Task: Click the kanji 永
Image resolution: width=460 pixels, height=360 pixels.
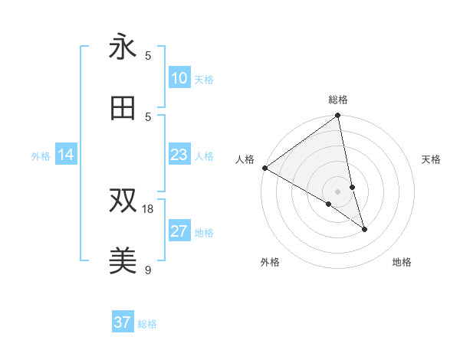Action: (x=123, y=47)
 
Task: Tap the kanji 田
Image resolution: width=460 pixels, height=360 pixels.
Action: (x=123, y=108)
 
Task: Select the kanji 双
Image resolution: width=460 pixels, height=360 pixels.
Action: (x=123, y=201)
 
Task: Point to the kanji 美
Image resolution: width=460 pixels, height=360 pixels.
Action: (x=123, y=261)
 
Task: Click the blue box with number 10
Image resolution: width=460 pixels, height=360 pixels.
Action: (x=179, y=78)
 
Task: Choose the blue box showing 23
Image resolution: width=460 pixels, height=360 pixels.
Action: (x=179, y=155)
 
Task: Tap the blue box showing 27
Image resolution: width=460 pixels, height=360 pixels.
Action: (x=179, y=231)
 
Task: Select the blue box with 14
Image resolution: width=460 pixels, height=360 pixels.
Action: (x=66, y=155)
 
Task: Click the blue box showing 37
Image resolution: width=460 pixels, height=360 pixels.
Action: (x=123, y=322)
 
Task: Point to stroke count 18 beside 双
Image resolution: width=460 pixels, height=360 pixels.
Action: (x=148, y=208)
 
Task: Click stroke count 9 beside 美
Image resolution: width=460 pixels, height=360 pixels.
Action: (x=148, y=269)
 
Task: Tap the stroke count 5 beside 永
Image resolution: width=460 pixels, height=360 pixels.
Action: (x=148, y=55)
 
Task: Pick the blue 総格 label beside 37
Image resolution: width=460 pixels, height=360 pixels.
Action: (x=147, y=324)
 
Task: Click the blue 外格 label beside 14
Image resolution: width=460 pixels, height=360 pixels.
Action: (x=41, y=156)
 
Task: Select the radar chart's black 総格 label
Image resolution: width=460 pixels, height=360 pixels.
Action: (x=338, y=100)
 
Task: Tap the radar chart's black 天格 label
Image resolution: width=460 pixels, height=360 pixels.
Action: (x=432, y=159)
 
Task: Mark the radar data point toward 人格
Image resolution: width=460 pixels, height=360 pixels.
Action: (x=264, y=168)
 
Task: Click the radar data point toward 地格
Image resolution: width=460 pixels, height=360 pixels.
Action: (x=364, y=229)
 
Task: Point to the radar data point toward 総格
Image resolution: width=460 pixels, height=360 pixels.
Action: (x=338, y=116)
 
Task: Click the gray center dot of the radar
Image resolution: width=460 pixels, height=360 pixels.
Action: (x=338, y=191)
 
